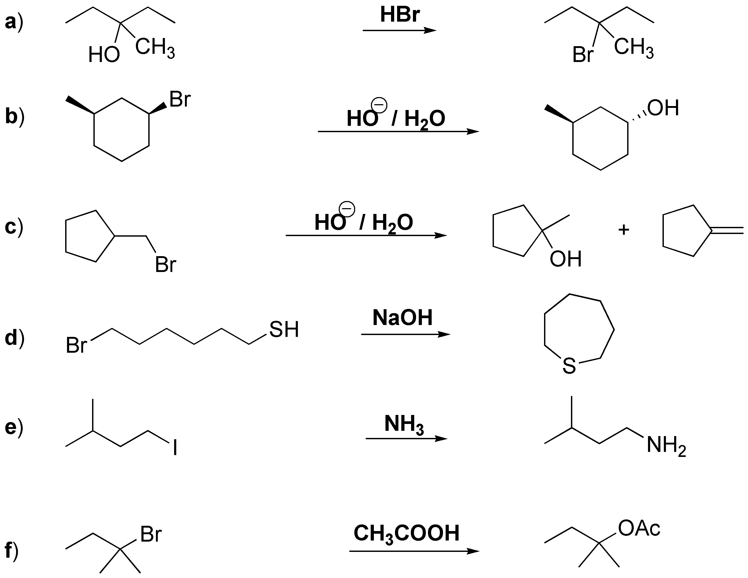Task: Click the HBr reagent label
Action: click(x=400, y=15)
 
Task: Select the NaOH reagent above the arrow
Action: click(x=402, y=317)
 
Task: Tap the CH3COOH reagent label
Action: click(x=406, y=533)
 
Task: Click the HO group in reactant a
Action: click(x=104, y=55)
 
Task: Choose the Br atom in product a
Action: click(x=583, y=55)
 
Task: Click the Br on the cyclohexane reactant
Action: click(x=180, y=100)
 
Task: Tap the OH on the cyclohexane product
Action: click(x=663, y=108)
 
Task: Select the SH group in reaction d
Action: click(x=284, y=329)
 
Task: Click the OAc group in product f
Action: click(x=639, y=528)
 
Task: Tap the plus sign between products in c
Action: click(x=624, y=230)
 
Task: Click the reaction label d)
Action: click(x=14, y=338)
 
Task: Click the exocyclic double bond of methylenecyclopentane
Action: click(x=728, y=230)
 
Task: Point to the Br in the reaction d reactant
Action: click(x=76, y=345)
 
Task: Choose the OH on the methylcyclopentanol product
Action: click(x=565, y=259)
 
